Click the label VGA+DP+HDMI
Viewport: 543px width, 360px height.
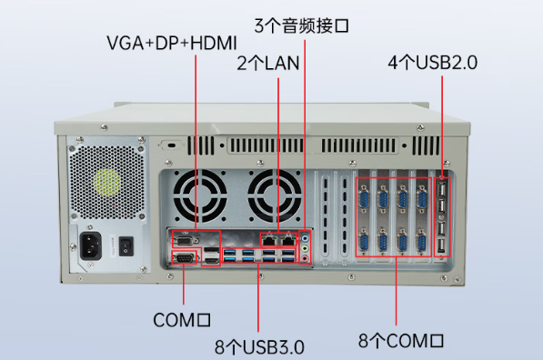[171, 43]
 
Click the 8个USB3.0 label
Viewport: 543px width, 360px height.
[259, 346]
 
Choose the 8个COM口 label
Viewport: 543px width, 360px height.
[401, 341]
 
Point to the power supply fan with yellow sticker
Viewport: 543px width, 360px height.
[106, 181]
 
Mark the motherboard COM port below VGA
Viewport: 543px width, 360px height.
[185, 260]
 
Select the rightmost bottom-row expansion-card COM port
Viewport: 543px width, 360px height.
[422, 241]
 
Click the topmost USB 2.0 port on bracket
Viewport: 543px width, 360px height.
[442, 190]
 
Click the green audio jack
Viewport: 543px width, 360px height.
[307, 245]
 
